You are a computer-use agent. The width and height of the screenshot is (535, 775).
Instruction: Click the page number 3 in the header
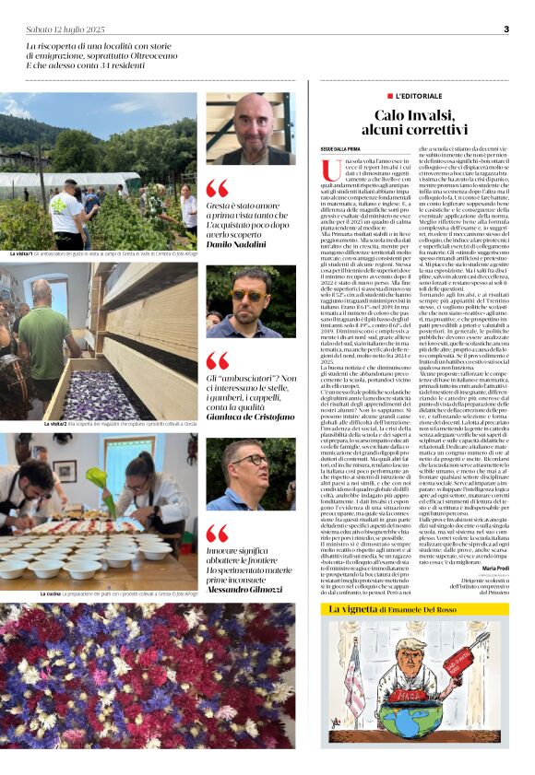pyautogui.click(x=506, y=29)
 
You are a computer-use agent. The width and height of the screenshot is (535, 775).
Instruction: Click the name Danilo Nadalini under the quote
pyautogui.click(x=240, y=243)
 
